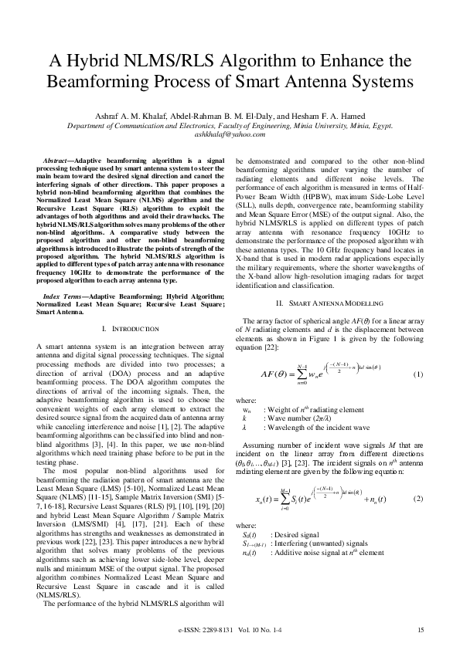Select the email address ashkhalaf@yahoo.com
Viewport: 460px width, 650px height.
point(229,133)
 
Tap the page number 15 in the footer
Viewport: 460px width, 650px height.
point(421,631)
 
